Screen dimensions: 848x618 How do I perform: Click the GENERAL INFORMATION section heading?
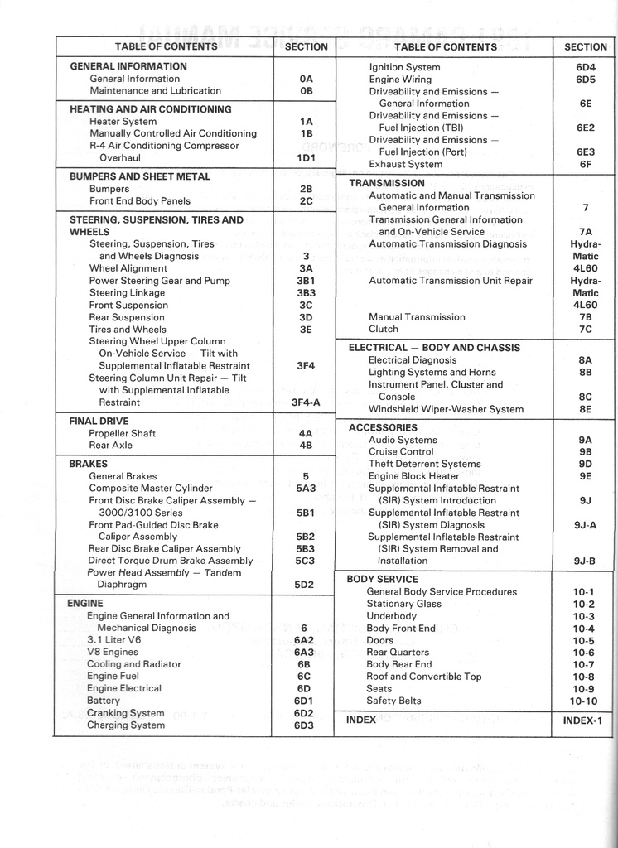pyautogui.click(x=128, y=66)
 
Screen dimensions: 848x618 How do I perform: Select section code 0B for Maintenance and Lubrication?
pyautogui.click(x=307, y=91)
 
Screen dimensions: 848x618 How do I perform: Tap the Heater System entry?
pyautogui.click(x=123, y=121)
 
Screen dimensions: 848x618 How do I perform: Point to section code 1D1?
pyautogui.click(x=307, y=157)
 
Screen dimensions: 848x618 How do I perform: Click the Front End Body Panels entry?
pyautogui.click(x=140, y=200)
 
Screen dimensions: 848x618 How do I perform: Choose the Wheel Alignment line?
pyautogui.click(x=128, y=268)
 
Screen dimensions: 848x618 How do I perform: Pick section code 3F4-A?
pyautogui.click(x=306, y=402)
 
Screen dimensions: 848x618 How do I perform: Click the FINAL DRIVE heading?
pyautogui.click(x=99, y=421)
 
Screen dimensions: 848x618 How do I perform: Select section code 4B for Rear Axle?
pyautogui.click(x=306, y=446)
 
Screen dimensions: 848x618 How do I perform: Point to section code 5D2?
pyautogui.click(x=305, y=585)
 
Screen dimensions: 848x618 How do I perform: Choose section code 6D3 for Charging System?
pyautogui.click(x=304, y=726)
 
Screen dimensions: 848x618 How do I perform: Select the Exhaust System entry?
pyautogui.click(x=406, y=164)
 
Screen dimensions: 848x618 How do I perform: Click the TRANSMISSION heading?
pyautogui.click(x=387, y=183)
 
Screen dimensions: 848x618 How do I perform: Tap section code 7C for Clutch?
pyautogui.click(x=586, y=329)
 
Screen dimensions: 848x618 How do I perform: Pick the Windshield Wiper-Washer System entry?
pyautogui.click(x=446, y=409)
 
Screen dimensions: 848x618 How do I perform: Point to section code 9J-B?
pyautogui.click(x=585, y=561)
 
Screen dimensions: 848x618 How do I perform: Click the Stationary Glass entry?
pyautogui.click(x=404, y=605)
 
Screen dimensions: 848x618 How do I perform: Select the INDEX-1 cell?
pyautogui.click(x=583, y=720)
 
